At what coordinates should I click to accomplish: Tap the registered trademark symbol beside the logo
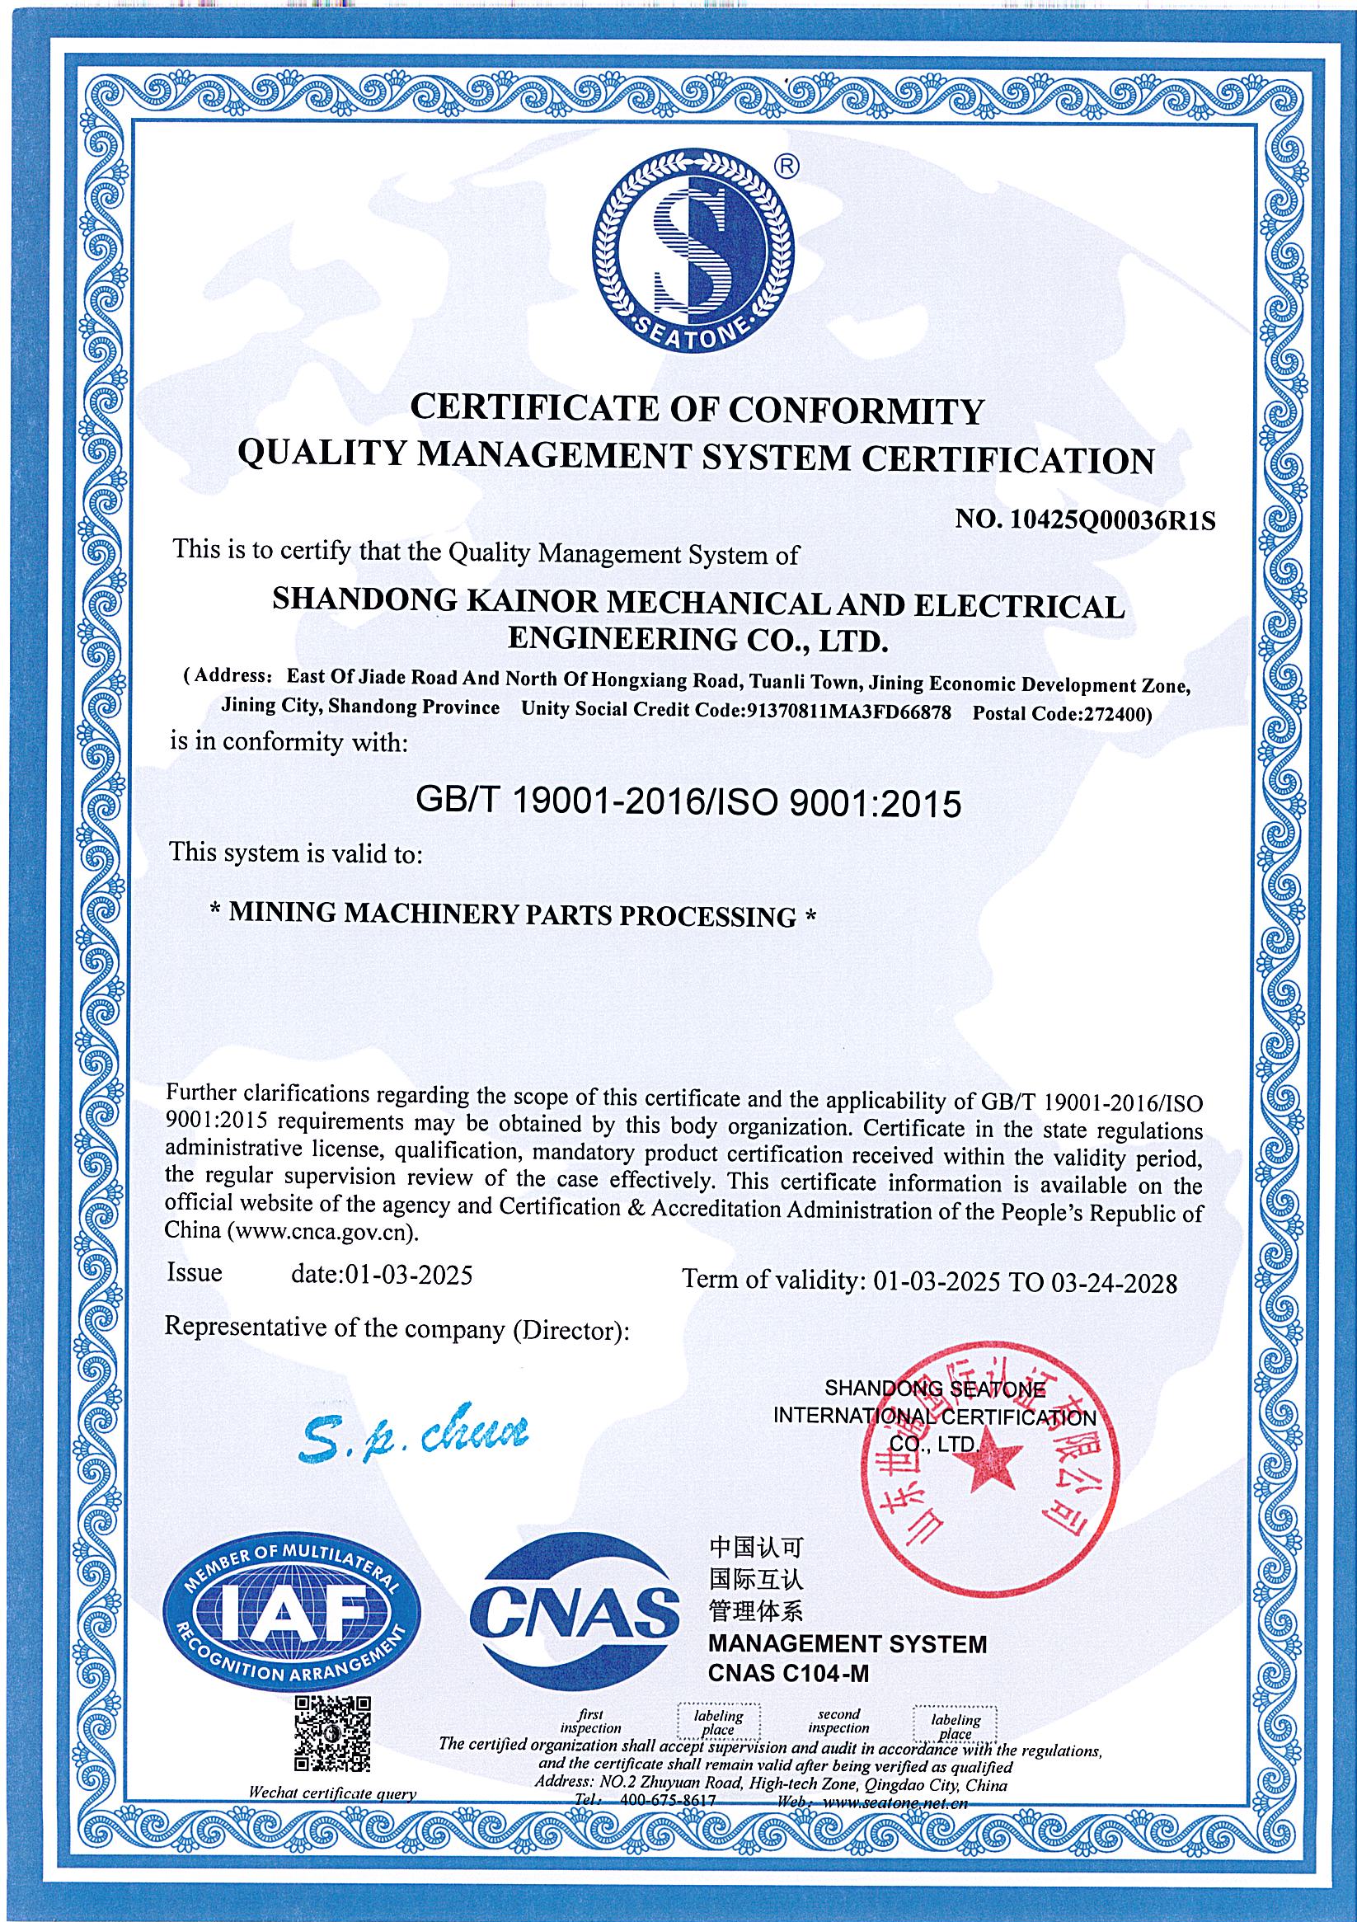pyautogui.click(x=786, y=167)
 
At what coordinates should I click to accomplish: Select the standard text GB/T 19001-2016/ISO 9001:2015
pyautogui.click(x=688, y=804)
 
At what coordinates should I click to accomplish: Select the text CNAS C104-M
pyautogui.click(x=789, y=1695)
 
